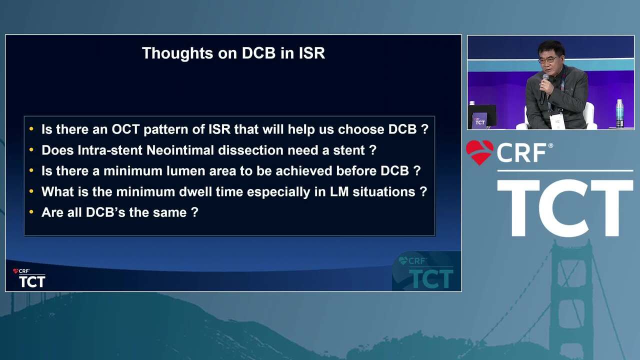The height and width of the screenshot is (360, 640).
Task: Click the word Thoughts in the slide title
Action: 177,53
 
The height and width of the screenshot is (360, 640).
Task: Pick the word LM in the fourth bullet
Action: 339,191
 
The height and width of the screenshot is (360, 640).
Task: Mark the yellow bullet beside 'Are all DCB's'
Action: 31,212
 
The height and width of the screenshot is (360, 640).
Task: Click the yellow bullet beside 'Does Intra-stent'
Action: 31,149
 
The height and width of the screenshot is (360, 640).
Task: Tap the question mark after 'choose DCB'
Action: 425,129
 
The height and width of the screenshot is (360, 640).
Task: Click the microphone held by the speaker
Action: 543,88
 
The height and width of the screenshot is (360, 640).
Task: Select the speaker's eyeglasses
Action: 547,60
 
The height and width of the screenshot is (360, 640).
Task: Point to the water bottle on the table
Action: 619,113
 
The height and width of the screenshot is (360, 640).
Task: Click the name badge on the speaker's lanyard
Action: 557,121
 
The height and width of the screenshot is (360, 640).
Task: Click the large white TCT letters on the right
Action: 565,207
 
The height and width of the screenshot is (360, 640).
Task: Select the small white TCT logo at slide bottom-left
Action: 32,281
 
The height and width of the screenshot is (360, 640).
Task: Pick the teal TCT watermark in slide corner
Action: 431,279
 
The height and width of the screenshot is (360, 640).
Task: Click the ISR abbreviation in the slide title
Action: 311,53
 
